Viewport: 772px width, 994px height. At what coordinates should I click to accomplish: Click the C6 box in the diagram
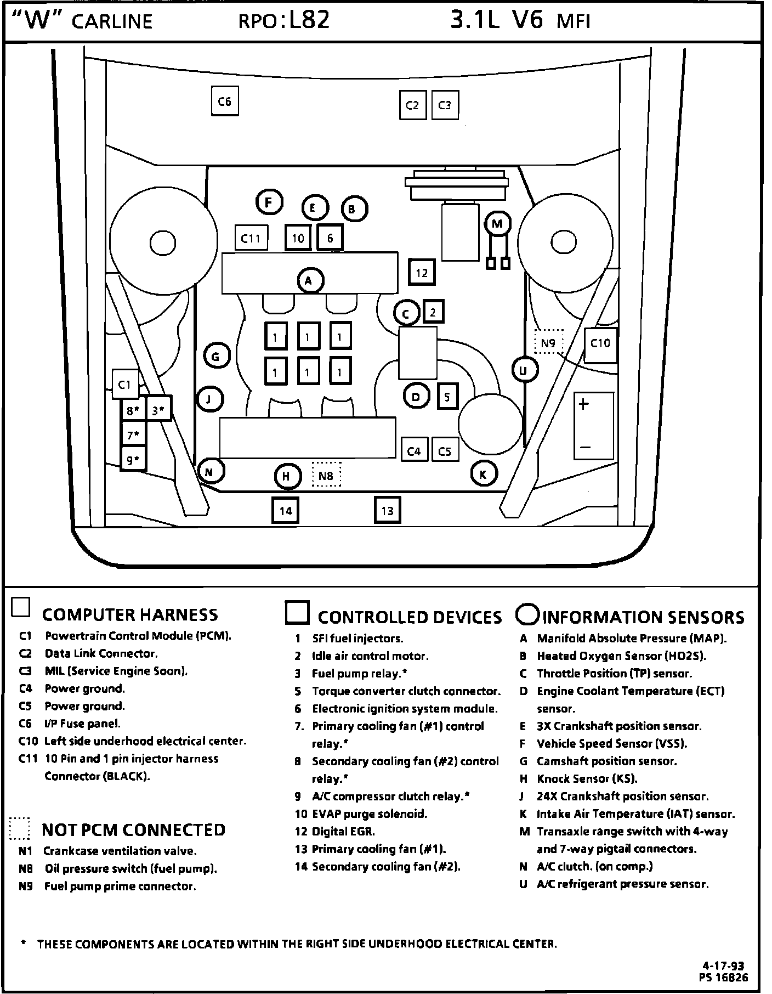[x=225, y=101]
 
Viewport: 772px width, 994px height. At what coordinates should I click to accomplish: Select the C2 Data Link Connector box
[x=412, y=105]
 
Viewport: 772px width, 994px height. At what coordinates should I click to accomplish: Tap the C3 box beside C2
[x=445, y=105]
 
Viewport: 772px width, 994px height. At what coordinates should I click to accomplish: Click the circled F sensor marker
[x=269, y=203]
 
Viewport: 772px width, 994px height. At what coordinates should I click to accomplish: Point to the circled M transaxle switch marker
[x=497, y=224]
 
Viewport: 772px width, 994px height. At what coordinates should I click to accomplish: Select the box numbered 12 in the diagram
[x=422, y=273]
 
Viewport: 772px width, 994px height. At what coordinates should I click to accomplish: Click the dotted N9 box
[x=548, y=343]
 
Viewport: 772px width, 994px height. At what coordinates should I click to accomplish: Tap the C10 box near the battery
[x=600, y=344]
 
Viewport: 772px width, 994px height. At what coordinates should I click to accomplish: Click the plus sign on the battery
[x=583, y=405]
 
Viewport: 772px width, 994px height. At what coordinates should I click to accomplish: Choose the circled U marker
[x=524, y=371]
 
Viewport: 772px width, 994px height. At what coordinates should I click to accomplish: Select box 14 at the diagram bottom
[x=286, y=511]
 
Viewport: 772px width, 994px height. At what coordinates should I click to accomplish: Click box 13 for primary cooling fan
[x=388, y=511]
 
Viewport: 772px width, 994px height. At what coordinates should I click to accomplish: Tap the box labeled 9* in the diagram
[x=133, y=460]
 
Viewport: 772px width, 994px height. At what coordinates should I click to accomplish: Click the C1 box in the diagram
[x=125, y=385]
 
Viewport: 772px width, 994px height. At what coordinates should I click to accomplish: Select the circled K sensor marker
[x=483, y=475]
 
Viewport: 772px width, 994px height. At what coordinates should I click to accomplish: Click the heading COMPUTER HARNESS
[x=130, y=615]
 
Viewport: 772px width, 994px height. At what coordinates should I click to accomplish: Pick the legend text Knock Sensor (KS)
[x=587, y=778]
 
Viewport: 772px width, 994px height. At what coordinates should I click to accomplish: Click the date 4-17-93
[x=724, y=966]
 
